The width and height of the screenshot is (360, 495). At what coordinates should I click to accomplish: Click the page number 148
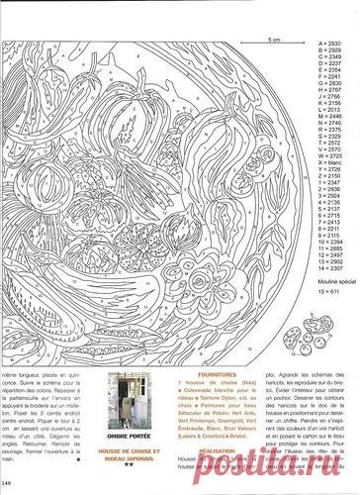8,482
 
